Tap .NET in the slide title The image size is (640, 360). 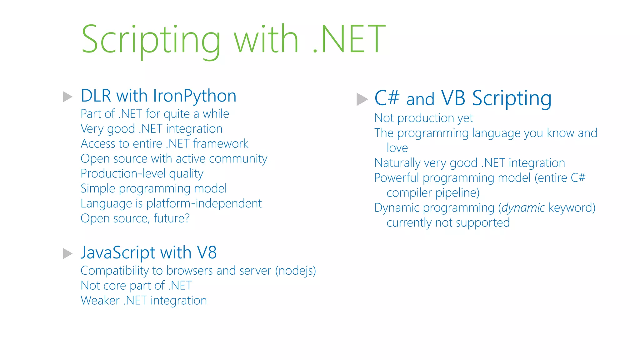point(349,39)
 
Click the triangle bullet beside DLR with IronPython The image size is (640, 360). point(67,97)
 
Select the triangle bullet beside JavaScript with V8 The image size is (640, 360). point(67,253)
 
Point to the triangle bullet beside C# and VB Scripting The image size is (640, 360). point(362,99)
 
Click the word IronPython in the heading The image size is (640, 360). point(195,96)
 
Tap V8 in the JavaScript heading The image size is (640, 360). point(207,252)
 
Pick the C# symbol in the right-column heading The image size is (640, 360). point(387,98)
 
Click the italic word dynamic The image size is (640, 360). point(523,208)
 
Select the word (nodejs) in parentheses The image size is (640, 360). point(296,271)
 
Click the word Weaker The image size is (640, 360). point(100,301)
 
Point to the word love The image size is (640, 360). point(397,148)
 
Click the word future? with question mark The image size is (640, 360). point(172,218)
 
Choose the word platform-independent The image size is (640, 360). point(204,203)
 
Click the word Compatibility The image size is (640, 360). point(115,271)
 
